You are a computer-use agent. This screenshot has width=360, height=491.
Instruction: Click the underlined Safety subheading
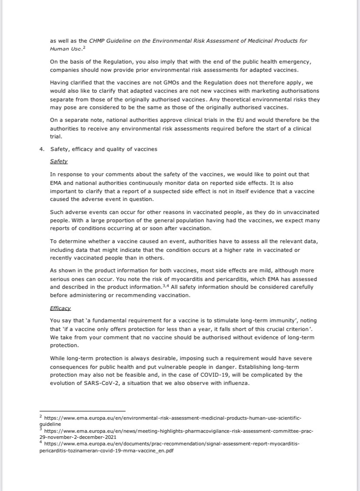point(59,161)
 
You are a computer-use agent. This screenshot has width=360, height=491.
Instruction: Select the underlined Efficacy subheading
point(60,308)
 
